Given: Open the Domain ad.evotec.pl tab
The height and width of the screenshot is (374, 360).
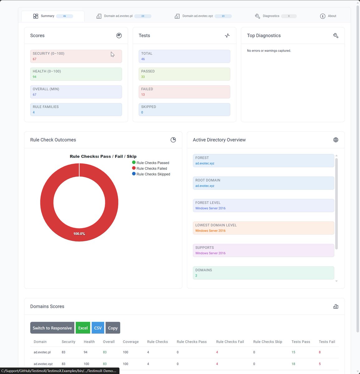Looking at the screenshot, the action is [x=124, y=16].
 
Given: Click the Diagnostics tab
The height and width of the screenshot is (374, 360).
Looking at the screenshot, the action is [x=276, y=16].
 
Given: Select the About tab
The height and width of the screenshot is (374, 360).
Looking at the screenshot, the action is [x=328, y=16].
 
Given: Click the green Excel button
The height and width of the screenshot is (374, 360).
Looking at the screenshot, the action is [x=83, y=328].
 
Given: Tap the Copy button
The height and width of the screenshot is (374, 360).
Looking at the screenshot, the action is [x=113, y=328].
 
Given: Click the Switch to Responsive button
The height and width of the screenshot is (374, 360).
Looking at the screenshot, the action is [x=52, y=328].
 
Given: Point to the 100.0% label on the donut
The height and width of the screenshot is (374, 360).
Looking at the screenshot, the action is [x=79, y=234].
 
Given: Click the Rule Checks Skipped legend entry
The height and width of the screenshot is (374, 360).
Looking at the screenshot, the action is [x=151, y=174].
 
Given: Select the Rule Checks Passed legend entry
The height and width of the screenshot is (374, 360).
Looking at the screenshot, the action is [x=151, y=163].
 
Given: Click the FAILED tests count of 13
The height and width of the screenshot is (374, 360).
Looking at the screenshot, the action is [x=143, y=94].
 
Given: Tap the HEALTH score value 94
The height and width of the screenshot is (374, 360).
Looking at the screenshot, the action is [x=34, y=77].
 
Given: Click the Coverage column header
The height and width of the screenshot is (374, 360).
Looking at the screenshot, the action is [x=131, y=342].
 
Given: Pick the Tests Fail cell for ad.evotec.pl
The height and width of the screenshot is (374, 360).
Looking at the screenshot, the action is [x=320, y=352].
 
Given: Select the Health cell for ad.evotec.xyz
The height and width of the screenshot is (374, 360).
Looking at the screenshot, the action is [x=86, y=364].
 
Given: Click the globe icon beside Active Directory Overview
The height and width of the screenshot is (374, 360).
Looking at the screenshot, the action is [x=336, y=140].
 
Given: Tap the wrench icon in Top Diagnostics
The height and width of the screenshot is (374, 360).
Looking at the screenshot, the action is [x=336, y=36].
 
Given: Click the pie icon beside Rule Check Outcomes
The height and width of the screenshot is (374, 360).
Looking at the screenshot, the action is [x=173, y=140].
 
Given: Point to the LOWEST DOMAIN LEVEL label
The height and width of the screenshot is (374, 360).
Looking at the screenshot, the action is [x=216, y=225].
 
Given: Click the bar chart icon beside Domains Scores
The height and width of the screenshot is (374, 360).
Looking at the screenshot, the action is [x=336, y=306].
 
